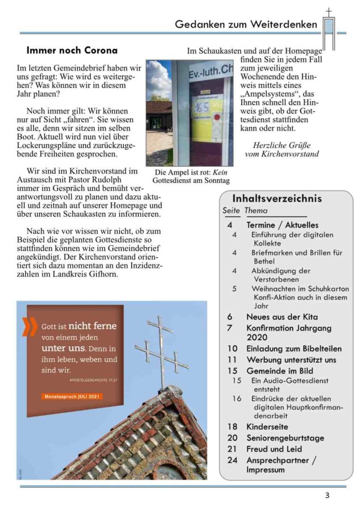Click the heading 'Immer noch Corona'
[72, 51]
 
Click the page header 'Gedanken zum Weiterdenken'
[246, 24]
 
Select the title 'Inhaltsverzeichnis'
[277, 199]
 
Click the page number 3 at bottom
[327, 496]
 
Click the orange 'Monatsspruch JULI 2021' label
[72, 396]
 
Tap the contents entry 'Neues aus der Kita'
[282, 317]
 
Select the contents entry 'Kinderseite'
[267, 426]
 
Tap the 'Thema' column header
[256, 211]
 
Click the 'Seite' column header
[231, 211]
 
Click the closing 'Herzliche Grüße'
[286, 144]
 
